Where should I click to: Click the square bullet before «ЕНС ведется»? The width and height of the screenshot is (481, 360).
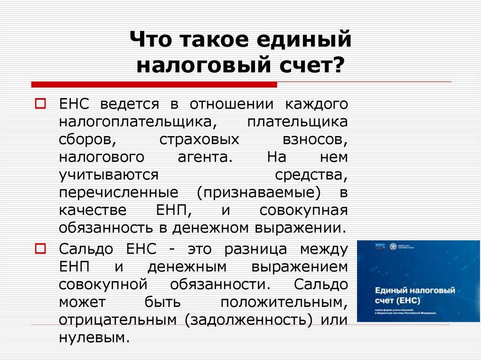coord(40,102)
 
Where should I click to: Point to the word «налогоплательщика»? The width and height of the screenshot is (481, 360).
coord(138,121)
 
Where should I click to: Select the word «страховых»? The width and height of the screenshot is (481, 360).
coord(199,139)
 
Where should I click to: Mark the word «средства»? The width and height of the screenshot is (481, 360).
coord(311,175)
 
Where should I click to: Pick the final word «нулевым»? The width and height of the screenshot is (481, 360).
coord(94,337)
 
